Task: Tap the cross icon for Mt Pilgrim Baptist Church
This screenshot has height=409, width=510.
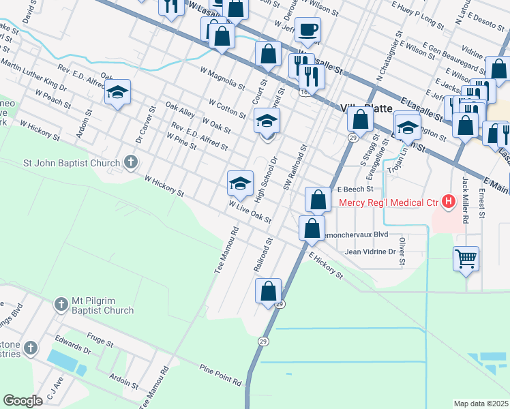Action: point(62,302)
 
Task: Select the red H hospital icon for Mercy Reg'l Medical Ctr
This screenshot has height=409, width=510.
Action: point(449,201)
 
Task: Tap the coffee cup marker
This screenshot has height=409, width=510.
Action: point(308,30)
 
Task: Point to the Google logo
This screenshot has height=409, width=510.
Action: point(22,401)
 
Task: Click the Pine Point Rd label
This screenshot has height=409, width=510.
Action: point(221,374)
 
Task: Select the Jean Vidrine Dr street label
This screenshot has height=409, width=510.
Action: point(370,252)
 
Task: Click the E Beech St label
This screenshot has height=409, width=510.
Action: point(353,189)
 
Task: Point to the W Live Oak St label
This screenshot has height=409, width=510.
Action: point(250,212)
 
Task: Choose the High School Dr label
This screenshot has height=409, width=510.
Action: point(267,179)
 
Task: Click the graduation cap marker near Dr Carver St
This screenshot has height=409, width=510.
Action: point(118,94)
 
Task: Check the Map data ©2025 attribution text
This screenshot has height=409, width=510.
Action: point(481,404)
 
